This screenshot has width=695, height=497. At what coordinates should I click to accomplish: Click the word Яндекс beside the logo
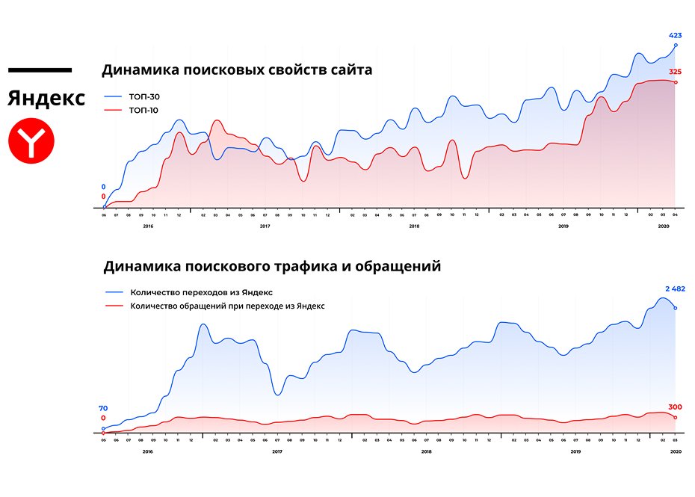click(x=46, y=98)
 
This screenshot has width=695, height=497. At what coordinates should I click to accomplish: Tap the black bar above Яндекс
click(x=40, y=70)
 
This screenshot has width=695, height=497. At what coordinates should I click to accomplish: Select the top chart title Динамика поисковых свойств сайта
click(x=237, y=70)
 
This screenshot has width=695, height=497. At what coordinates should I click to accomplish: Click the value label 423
click(x=676, y=35)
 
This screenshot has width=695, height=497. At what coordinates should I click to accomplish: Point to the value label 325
click(x=676, y=72)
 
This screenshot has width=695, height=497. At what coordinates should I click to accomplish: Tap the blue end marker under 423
click(x=676, y=45)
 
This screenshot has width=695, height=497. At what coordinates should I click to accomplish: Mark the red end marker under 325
click(x=676, y=82)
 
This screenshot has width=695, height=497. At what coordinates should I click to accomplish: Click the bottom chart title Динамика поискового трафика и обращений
click(x=272, y=265)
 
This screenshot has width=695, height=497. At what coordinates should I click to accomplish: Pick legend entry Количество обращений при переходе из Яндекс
click(x=227, y=306)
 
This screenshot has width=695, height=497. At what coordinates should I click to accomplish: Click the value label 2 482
click(x=675, y=288)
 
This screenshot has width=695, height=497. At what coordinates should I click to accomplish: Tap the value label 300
click(x=676, y=407)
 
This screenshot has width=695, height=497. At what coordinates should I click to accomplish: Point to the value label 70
click(x=103, y=408)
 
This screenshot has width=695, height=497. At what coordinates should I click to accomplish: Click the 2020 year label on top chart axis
click(x=663, y=226)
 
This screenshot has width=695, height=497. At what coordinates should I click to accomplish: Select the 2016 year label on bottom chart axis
click(x=147, y=451)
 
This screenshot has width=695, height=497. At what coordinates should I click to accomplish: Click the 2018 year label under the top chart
click(x=414, y=226)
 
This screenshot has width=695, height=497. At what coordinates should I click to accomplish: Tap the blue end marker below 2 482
click(x=676, y=308)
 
